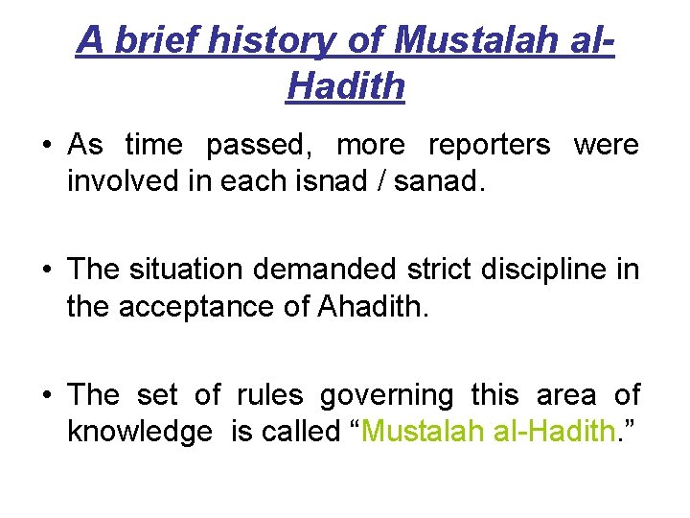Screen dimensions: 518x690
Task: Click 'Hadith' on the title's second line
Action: [x=345, y=86]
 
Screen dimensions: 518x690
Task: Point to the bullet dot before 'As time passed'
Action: [x=46, y=146]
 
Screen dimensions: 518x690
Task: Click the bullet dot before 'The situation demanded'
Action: [x=46, y=271]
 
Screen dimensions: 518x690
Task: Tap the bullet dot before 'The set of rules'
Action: [x=46, y=395]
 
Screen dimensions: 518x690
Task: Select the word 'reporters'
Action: [x=489, y=145]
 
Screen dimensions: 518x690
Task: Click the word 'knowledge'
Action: [x=140, y=432]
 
